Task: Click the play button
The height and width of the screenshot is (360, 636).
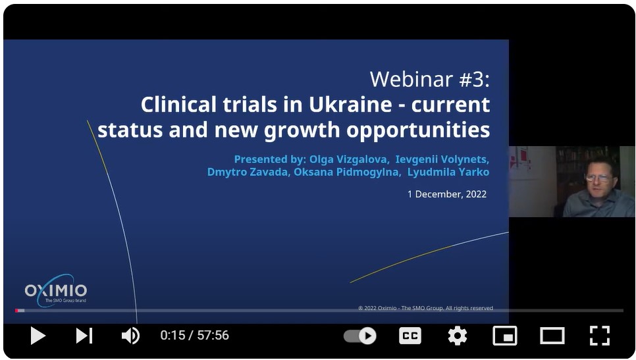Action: [x=38, y=336]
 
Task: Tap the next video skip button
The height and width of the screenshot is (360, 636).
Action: [x=84, y=336]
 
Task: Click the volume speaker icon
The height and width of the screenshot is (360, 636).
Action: [x=130, y=336]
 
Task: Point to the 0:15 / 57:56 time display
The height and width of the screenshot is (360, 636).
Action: [x=194, y=336]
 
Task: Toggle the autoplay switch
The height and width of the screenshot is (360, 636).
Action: [x=360, y=336]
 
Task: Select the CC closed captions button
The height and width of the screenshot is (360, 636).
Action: [x=410, y=336]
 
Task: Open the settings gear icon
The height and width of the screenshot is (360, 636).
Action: [x=457, y=336]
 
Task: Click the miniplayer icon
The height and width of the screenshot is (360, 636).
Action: [x=504, y=336]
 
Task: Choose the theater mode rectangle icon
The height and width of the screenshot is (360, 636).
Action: [x=552, y=336]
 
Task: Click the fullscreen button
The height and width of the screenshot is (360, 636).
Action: [x=599, y=336]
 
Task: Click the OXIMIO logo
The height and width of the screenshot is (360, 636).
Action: [x=56, y=291]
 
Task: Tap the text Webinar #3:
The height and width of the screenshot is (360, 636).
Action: [x=429, y=80]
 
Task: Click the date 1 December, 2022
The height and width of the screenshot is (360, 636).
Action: [x=447, y=194]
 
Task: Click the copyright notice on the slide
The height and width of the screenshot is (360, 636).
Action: [x=425, y=308]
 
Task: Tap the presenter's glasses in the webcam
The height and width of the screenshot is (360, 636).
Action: [x=597, y=177]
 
